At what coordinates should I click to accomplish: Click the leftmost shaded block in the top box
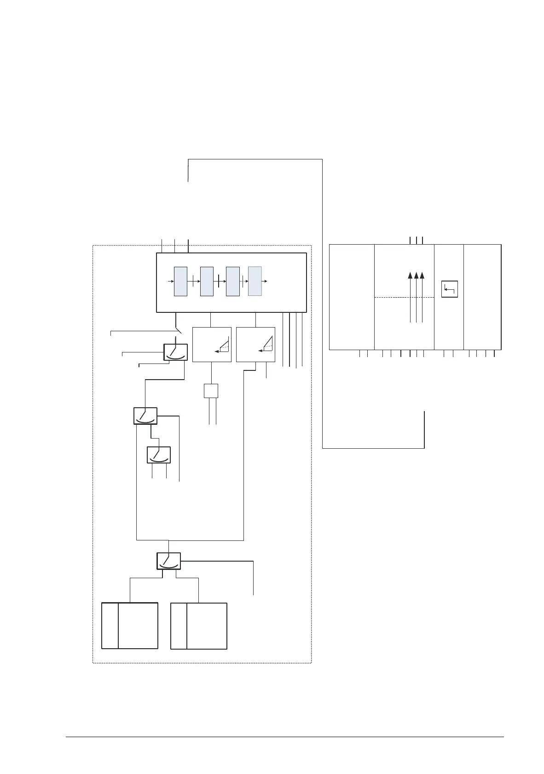click(180, 281)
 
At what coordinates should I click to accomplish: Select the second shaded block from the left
click(207, 281)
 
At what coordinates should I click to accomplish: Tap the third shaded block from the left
click(233, 281)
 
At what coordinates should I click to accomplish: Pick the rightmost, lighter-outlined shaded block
click(255, 281)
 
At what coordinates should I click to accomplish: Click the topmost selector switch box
click(175, 352)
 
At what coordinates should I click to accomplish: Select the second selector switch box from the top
click(145, 416)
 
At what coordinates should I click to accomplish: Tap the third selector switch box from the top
click(158, 455)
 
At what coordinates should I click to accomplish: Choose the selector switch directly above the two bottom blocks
click(168, 561)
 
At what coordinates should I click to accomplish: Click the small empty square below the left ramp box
click(211, 391)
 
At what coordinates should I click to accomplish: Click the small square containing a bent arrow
click(450, 289)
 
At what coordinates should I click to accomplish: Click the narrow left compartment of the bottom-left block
click(110, 625)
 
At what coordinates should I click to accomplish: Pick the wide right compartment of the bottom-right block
click(207, 626)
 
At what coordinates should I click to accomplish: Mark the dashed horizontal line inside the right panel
click(404, 298)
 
